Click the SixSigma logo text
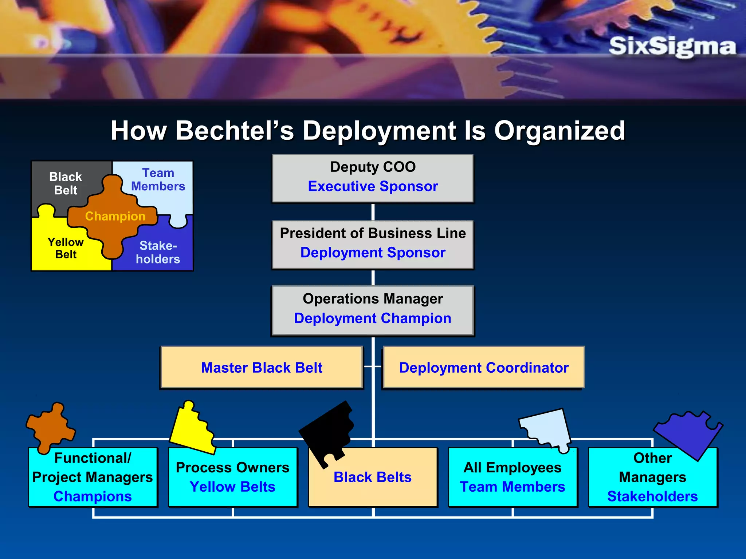pyautogui.click(x=672, y=47)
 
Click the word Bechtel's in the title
pyautogui.click(x=235, y=131)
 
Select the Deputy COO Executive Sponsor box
pyautogui.click(x=373, y=178)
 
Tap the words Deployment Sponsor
pyautogui.click(x=373, y=253)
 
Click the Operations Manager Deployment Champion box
pyautogui.click(x=373, y=310)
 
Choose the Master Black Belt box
pyautogui.click(x=262, y=368)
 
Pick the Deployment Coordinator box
pyautogui.click(x=484, y=368)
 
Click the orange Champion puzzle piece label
pyautogui.click(x=115, y=216)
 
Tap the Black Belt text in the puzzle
pyautogui.click(x=66, y=183)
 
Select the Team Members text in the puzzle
pyautogui.click(x=158, y=180)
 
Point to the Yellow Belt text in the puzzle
pyautogui.click(x=66, y=248)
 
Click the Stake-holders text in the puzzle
pyautogui.click(x=158, y=252)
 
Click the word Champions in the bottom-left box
pyautogui.click(x=93, y=496)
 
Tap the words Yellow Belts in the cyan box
pyautogui.click(x=232, y=487)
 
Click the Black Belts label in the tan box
pyautogui.click(x=372, y=477)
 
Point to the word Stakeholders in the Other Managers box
pyautogui.click(x=652, y=496)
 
